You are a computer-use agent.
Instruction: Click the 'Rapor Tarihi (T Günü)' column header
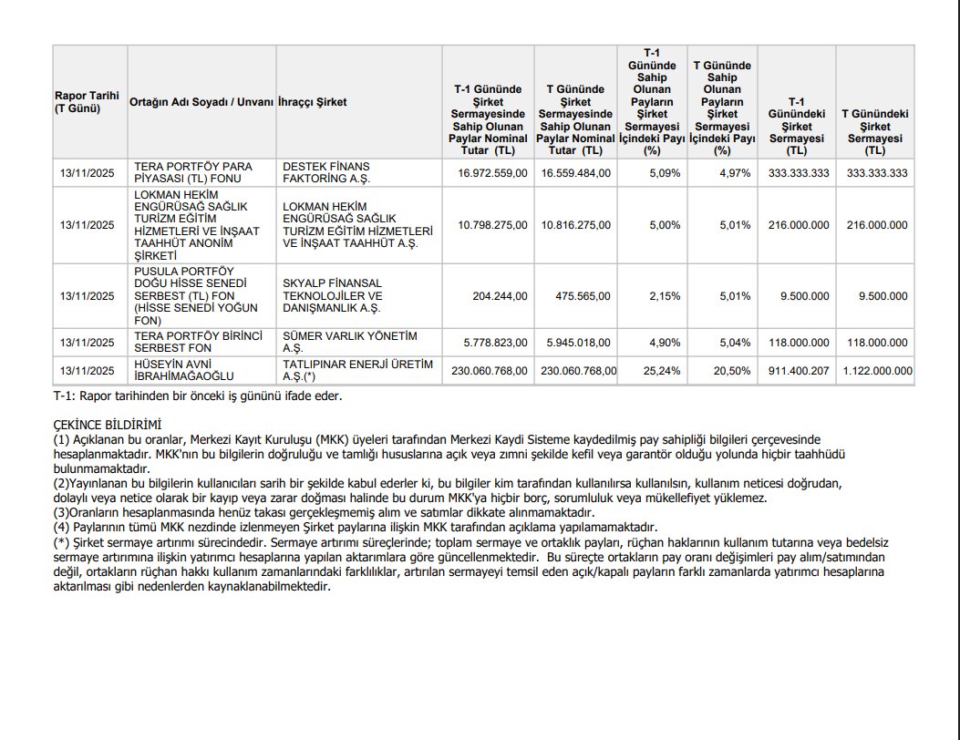(77, 101)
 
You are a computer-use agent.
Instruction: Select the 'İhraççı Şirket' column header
(312, 102)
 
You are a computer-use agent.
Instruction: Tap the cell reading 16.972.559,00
(492, 173)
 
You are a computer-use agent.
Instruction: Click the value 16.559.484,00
(575, 173)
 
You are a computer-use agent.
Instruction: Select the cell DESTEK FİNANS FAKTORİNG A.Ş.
(325, 173)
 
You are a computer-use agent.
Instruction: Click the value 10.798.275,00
(492, 225)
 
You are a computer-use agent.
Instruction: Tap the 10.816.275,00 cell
(575, 225)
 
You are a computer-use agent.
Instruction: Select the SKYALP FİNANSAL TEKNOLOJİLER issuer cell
(332, 296)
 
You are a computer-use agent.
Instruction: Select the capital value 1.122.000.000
(875, 371)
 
